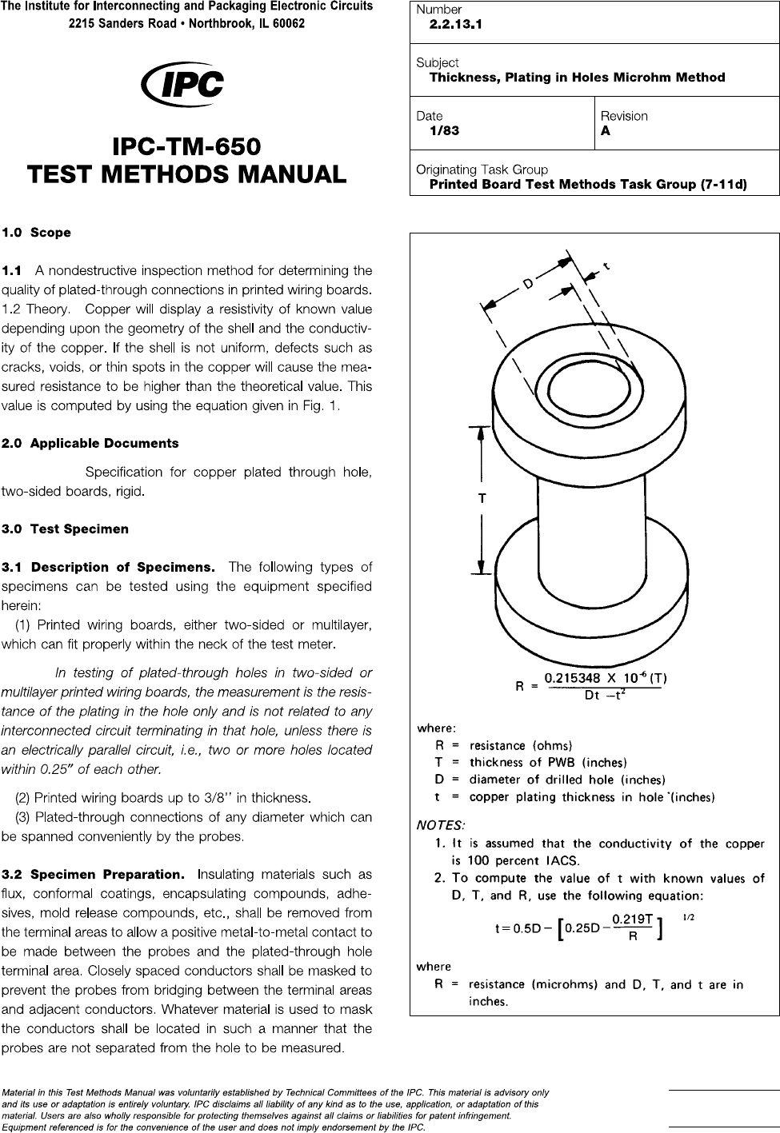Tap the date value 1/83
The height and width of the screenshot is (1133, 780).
pyautogui.click(x=444, y=131)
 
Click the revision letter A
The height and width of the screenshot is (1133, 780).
pyautogui.click(x=606, y=131)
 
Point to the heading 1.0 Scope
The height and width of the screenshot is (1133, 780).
pyautogui.click(x=37, y=233)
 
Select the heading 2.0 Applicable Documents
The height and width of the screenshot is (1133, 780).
pyautogui.click(x=90, y=443)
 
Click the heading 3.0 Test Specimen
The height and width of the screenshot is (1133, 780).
pyautogui.click(x=65, y=529)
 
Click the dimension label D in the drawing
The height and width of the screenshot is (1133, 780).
pyautogui.click(x=528, y=284)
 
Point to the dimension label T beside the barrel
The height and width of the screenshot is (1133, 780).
pyautogui.click(x=482, y=498)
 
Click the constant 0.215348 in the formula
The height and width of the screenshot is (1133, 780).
pyautogui.click(x=574, y=679)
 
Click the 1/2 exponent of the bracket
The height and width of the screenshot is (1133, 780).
pyautogui.click(x=687, y=918)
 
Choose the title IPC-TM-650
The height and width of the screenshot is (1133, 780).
pyautogui.click(x=186, y=147)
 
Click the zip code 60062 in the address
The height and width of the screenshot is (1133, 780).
pyautogui.click(x=286, y=24)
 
